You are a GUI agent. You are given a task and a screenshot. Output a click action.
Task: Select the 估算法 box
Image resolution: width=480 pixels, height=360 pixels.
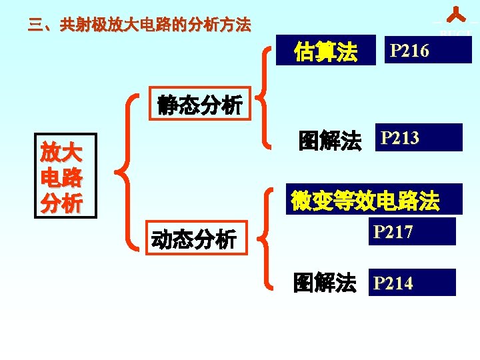click(x=325, y=51)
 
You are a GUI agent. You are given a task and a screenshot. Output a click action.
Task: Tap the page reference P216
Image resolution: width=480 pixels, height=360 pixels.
click(x=427, y=50)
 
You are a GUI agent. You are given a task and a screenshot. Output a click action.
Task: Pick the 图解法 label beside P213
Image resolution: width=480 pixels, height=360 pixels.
click(x=329, y=141)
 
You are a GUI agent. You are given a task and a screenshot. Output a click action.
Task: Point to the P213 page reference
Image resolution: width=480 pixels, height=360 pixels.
click(x=418, y=138)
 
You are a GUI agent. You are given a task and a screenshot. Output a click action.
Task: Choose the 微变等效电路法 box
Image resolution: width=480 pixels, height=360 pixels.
click(x=365, y=200)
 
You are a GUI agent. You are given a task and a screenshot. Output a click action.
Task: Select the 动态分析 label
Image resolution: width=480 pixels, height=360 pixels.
click(x=193, y=238)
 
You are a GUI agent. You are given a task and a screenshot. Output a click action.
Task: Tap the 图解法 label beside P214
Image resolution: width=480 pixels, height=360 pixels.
click(x=325, y=283)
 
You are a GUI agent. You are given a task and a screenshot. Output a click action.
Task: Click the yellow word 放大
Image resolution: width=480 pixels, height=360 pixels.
click(x=61, y=153)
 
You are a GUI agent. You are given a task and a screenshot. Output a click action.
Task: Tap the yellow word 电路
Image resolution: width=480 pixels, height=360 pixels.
click(x=61, y=178)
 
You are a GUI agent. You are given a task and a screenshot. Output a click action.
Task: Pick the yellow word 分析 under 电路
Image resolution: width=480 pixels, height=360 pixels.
click(x=61, y=203)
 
